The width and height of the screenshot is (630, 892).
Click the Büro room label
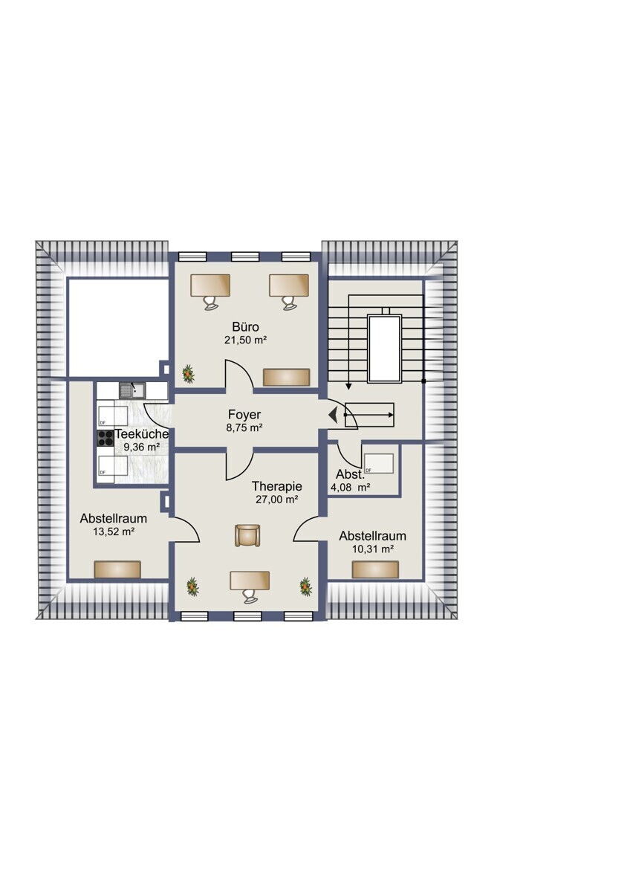click(x=246, y=327)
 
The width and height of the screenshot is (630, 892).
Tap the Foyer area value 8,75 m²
click(x=244, y=428)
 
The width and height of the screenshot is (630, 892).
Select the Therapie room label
click(x=277, y=486)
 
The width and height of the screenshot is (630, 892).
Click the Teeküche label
click(x=142, y=433)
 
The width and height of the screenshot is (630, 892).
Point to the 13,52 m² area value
click(x=114, y=531)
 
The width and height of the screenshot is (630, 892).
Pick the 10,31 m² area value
click(x=373, y=549)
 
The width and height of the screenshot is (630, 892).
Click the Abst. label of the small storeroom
click(x=350, y=474)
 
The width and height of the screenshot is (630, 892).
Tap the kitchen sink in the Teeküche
click(x=132, y=391)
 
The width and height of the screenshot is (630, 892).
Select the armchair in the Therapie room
click(x=247, y=535)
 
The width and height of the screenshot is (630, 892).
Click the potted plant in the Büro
click(x=189, y=375)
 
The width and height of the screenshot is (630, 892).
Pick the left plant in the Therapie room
click(x=192, y=586)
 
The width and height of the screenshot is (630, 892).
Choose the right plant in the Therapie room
click(x=305, y=586)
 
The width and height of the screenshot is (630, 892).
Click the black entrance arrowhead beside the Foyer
click(x=333, y=415)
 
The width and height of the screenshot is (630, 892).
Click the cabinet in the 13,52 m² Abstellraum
click(x=117, y=569)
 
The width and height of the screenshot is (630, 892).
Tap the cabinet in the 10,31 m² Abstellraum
click(x=375, y=569)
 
